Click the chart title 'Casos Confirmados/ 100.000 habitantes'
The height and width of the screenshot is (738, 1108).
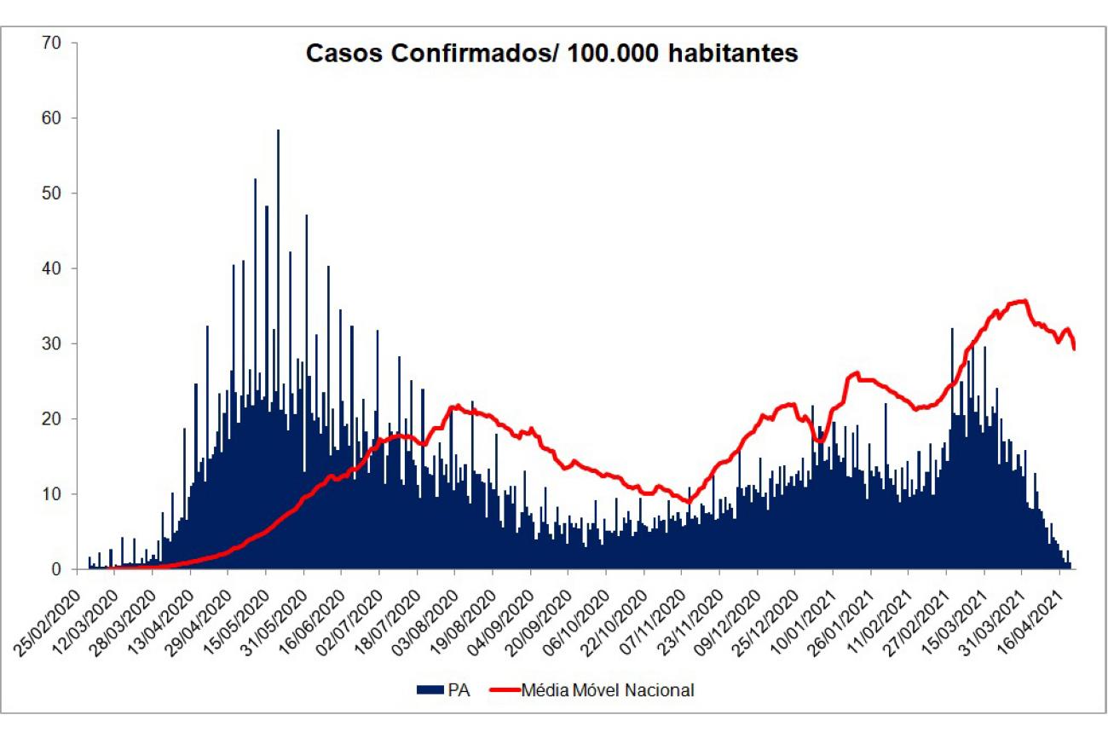pyautogui.click(x=552, y=54)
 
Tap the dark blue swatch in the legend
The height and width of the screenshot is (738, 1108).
pyautogui.click(x=431, y=689)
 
